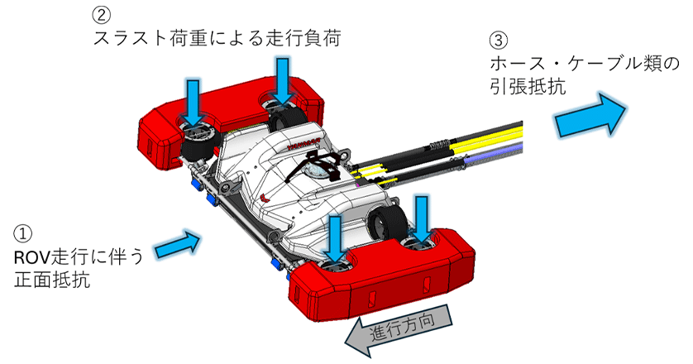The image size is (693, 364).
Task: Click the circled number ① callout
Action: pos(23,233)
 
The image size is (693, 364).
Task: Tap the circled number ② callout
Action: pos(101,16)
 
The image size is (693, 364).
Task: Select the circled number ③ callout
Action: pos(499,41)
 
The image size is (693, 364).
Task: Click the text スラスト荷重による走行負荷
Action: pos(217,39)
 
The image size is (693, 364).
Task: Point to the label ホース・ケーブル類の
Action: pos(585,65)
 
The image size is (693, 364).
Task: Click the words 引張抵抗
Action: pos(528,86)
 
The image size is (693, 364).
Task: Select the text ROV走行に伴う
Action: pos(79,257)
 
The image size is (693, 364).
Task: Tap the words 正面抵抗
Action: pos(52,280)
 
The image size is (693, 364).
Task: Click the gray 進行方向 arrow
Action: pos(398,330)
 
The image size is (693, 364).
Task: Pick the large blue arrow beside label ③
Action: pos(590,114)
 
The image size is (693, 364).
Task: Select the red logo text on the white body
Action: pos(303,142)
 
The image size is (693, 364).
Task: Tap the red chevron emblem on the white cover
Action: pos(266,197)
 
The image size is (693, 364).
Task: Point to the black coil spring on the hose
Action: pos(439,143)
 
